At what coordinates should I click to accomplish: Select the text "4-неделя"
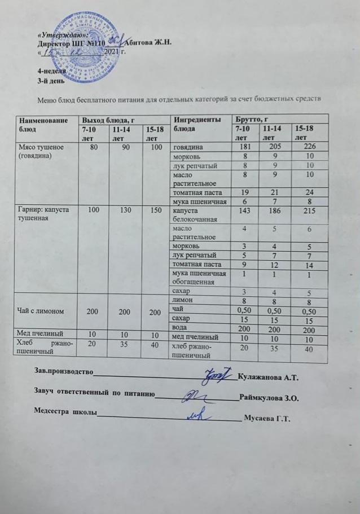tap(51, 72)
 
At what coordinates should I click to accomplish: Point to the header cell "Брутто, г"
tap(251, 120)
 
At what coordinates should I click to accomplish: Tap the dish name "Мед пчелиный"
tap(38, 337)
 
